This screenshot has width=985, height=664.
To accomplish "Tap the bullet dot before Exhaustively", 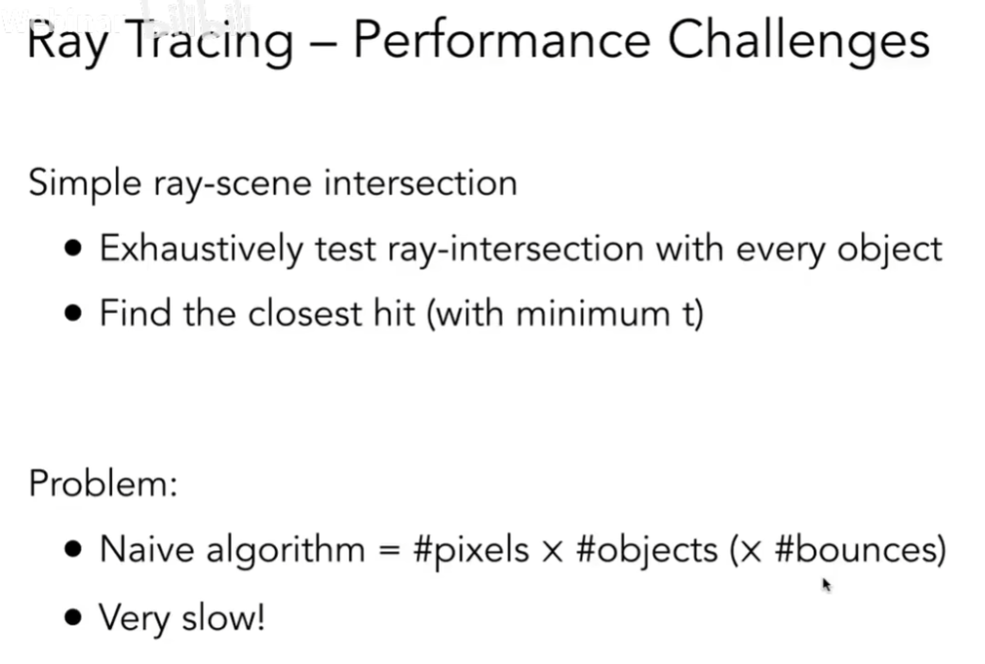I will pyautogui.click(x=74, y=250).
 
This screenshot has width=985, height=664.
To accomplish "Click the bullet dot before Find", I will pyautogui.click(x=74, y=314).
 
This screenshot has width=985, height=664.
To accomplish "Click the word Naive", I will pyautogui.click(x=143, y=549).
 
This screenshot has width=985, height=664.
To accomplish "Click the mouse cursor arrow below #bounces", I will pyautogui.click(x=826, y=585).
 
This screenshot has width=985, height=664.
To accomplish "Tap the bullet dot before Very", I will pyautogui.click(x=74, y=619).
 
